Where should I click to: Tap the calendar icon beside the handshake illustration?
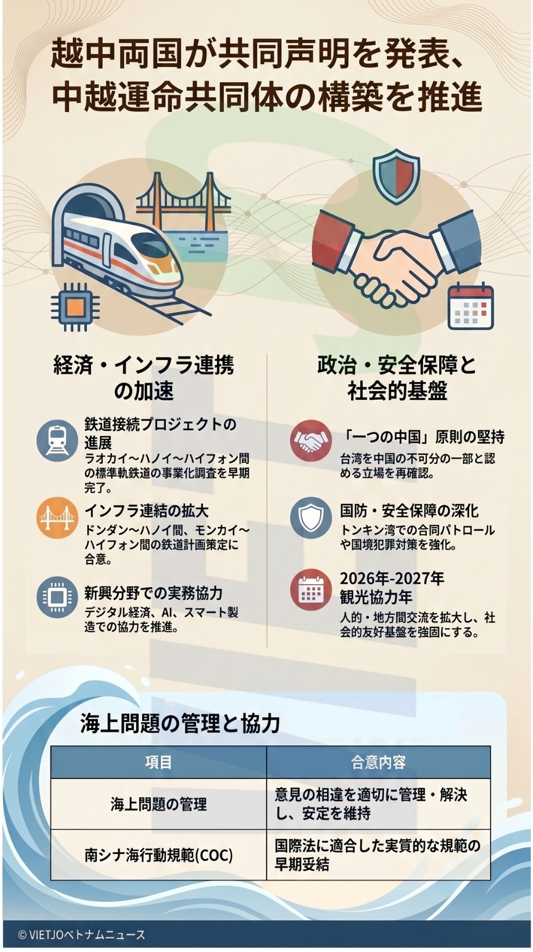470,306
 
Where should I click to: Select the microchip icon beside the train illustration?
74,306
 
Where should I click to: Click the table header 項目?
158,762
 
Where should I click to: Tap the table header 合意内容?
378,762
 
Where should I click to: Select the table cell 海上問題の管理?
158,804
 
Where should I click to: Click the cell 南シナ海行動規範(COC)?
158,855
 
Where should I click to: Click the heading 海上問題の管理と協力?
180,723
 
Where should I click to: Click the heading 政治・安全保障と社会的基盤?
397,378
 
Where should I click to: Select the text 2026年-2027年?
392,579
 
